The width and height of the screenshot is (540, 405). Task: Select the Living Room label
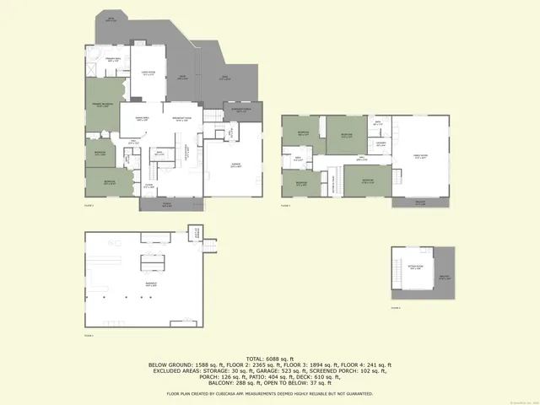(x=148, y=73)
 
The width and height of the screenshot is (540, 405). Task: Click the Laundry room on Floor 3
(x=381, y=144)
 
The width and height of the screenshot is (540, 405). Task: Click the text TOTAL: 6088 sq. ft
(x=270, y=358)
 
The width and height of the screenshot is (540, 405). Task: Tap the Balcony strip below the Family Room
(x=420, y=202)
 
